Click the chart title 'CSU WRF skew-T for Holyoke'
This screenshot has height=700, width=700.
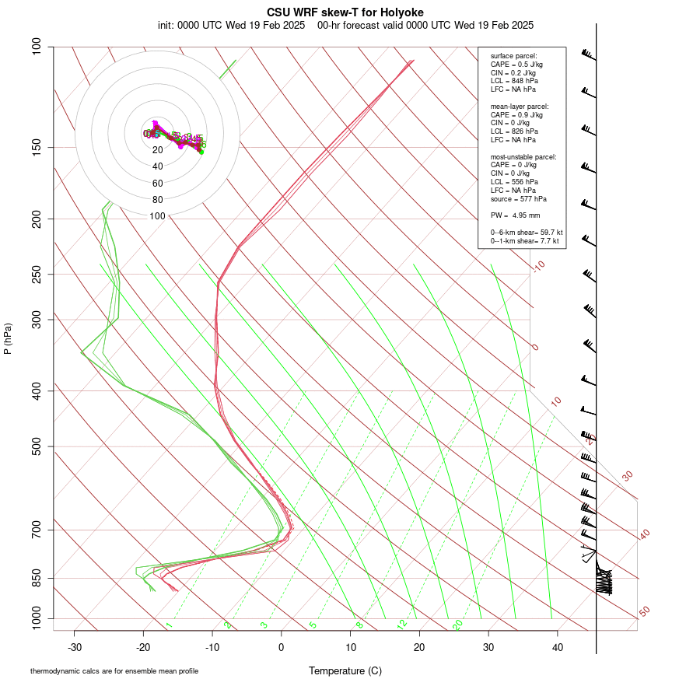345,12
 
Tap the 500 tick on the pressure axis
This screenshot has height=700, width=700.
37,446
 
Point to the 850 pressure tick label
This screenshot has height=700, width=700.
37,578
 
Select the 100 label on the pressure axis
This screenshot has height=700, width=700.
37,47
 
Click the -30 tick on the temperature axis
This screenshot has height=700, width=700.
75,647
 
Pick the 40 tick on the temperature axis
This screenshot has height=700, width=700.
557,647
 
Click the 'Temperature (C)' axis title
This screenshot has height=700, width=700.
345,670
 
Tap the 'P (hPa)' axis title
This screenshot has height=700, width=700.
8,338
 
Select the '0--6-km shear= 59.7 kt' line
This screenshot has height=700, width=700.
527,233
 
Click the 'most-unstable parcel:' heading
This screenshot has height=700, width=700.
523,156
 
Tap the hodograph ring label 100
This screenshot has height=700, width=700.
158,216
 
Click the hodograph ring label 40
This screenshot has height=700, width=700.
158,166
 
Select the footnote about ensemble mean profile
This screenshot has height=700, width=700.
114,670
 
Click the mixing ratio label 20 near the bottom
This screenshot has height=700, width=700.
458,625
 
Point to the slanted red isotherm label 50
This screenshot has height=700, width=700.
644,612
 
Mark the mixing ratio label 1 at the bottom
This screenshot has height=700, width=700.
168,625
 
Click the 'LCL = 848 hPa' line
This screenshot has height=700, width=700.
514,81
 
